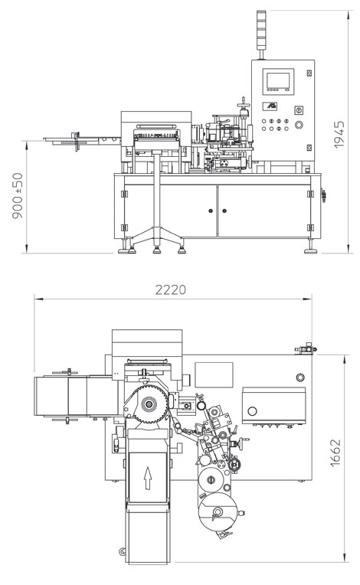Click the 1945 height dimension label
pos(339,134)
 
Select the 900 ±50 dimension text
pos(18,195)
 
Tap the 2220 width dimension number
pos(171,290)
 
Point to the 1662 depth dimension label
pos(335,453)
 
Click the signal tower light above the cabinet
pos(261,30)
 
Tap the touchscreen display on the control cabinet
pos(278,79)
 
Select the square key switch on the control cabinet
pos(299,110)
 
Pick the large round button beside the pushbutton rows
pos(299,125)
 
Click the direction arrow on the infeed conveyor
pos(148,478)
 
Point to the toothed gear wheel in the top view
pos(149,404)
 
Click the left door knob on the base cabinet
pos(211,211)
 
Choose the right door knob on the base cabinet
pos(224,211)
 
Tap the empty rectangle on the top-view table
pos(214,374)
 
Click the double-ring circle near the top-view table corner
pos(300,377)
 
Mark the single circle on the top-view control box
pos(252,411)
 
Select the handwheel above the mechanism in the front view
pos(244,104)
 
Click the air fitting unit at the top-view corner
pos(306,349)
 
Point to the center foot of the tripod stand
pos(157,249)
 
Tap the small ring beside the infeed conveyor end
pos(122,551)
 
